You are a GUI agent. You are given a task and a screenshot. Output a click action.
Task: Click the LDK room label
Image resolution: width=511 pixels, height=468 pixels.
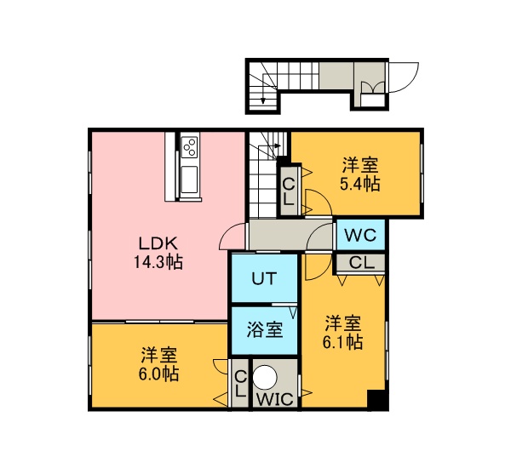[158, 243]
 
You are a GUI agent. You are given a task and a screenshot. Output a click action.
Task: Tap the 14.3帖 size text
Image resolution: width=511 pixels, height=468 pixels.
[158, 262]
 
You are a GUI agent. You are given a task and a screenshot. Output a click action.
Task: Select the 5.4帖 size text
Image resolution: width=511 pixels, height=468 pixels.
[359, 184]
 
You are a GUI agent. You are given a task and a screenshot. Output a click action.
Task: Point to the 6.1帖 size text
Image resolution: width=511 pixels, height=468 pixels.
[343, 342]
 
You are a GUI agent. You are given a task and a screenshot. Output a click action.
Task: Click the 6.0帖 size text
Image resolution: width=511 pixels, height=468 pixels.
[158, 374]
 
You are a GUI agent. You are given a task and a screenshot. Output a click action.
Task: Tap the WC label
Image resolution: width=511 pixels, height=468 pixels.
[360, 235]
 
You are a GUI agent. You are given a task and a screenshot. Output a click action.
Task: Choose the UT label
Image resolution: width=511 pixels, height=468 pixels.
[264, 279]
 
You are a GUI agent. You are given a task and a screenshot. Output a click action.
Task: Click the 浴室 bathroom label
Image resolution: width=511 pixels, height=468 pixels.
[264, 329]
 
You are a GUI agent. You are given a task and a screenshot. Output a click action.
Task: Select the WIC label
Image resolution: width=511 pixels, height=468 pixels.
[275, 399]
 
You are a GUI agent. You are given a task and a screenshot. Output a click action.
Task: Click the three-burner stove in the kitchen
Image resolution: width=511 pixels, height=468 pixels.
[189, 147]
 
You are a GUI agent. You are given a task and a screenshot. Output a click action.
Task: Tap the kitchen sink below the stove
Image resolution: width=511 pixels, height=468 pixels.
[189, 180]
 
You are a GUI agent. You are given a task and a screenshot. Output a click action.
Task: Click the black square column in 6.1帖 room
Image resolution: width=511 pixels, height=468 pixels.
[377, 400]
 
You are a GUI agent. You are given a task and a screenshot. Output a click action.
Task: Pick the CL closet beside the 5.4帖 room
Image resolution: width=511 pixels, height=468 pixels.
[289, 191]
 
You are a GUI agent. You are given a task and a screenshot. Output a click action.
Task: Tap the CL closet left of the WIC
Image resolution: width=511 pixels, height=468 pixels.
[240, 383]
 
